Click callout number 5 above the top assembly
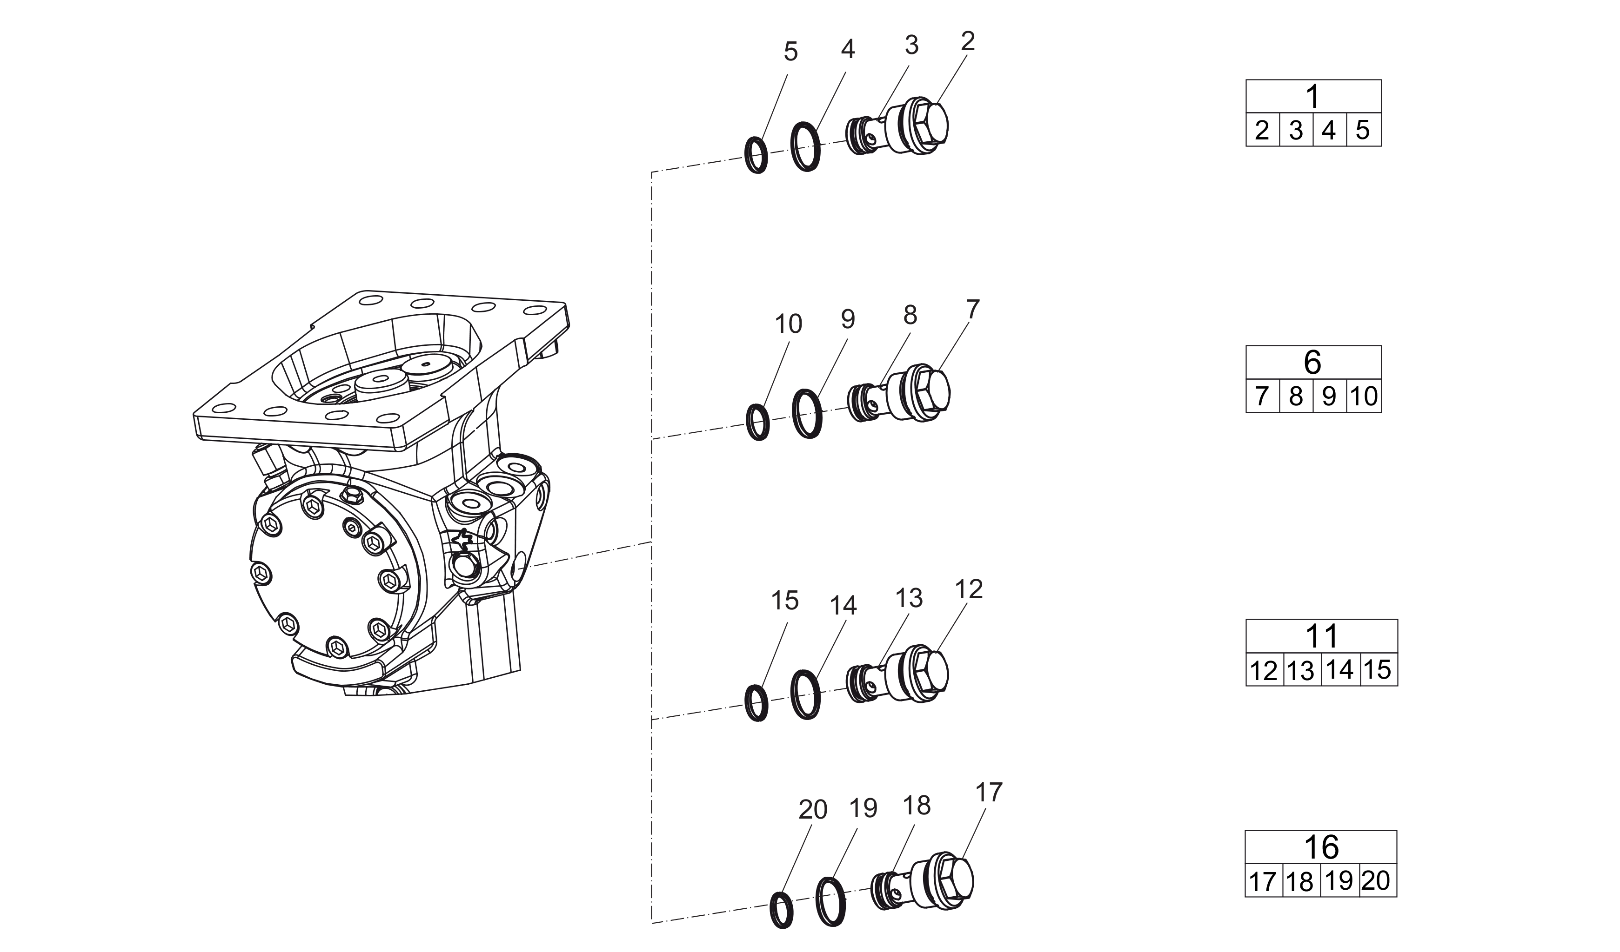tap(791, 52)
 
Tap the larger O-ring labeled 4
tap(805, 146)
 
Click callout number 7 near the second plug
tap(973, 310)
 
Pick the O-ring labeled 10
tap(758, 422)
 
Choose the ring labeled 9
tap(807, 414)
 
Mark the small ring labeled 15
tap(756, 703)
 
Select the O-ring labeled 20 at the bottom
tap(781, 910)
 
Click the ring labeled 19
tap(830, 902)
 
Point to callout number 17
tap(989, 793)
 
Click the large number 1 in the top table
tap(1313, 96)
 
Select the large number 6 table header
tap(1313, 362)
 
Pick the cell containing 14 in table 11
tap(1340, 670)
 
